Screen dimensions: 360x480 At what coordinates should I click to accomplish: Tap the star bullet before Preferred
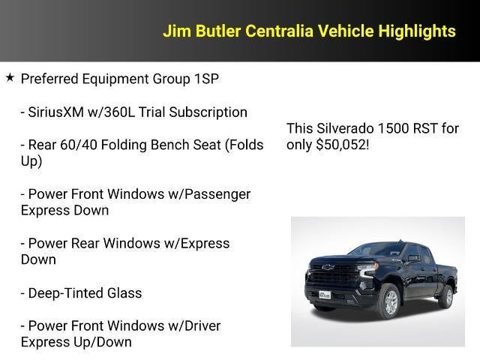pos(10,78)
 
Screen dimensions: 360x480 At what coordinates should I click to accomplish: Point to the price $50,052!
pos(343,144)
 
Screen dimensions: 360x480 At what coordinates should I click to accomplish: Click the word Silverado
pos(344,128)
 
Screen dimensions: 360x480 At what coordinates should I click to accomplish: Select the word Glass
pos(124,293)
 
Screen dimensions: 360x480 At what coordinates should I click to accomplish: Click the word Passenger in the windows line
pos(215,194)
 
